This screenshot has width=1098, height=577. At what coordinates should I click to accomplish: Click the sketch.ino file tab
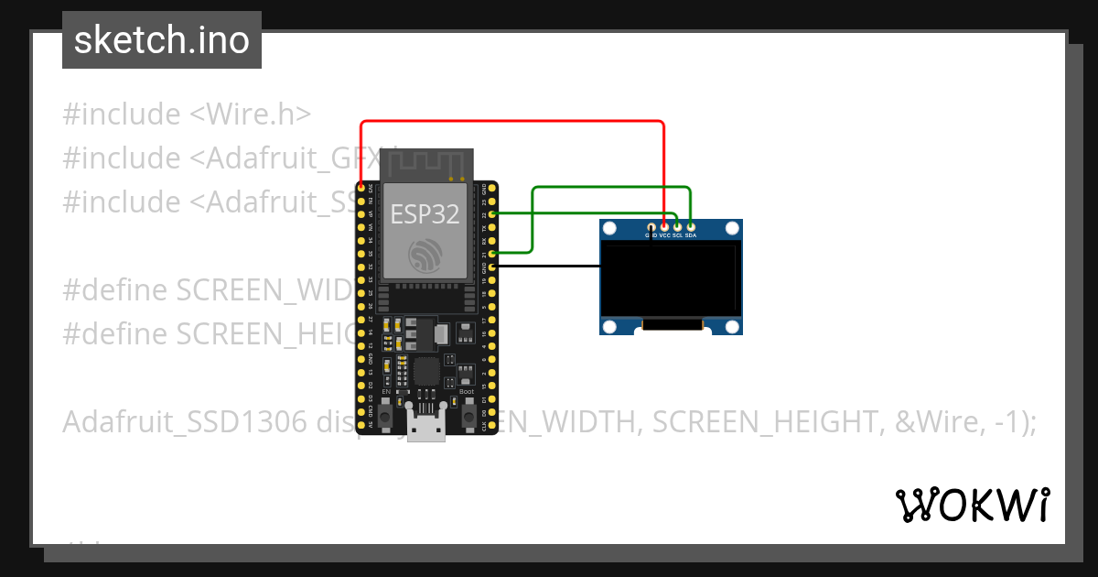tap(162, 40)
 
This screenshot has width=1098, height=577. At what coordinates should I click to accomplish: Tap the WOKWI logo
tap(972, 505)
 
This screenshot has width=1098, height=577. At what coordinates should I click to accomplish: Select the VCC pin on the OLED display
tap(664, 226)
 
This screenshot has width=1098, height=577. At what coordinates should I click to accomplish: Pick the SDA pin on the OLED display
tap(691, 226)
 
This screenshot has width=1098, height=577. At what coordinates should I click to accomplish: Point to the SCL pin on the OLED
tap(677, 226)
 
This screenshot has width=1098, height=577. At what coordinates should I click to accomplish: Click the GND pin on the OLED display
tap(651, 226)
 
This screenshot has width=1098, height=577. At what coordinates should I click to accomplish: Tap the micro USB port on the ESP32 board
tap(426, 426)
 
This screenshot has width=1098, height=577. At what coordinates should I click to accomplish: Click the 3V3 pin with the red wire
tap(361, 187)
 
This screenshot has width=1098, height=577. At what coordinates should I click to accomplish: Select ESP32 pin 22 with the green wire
tap(493, 213)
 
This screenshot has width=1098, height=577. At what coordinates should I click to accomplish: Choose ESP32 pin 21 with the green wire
tap(493, 253)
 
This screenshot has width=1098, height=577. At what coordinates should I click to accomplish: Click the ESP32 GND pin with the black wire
tap(493, 267)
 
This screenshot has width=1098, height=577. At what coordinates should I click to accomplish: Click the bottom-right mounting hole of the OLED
tap(731, 325)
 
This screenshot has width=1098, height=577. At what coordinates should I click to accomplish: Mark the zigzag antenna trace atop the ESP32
tap(425, 165)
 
